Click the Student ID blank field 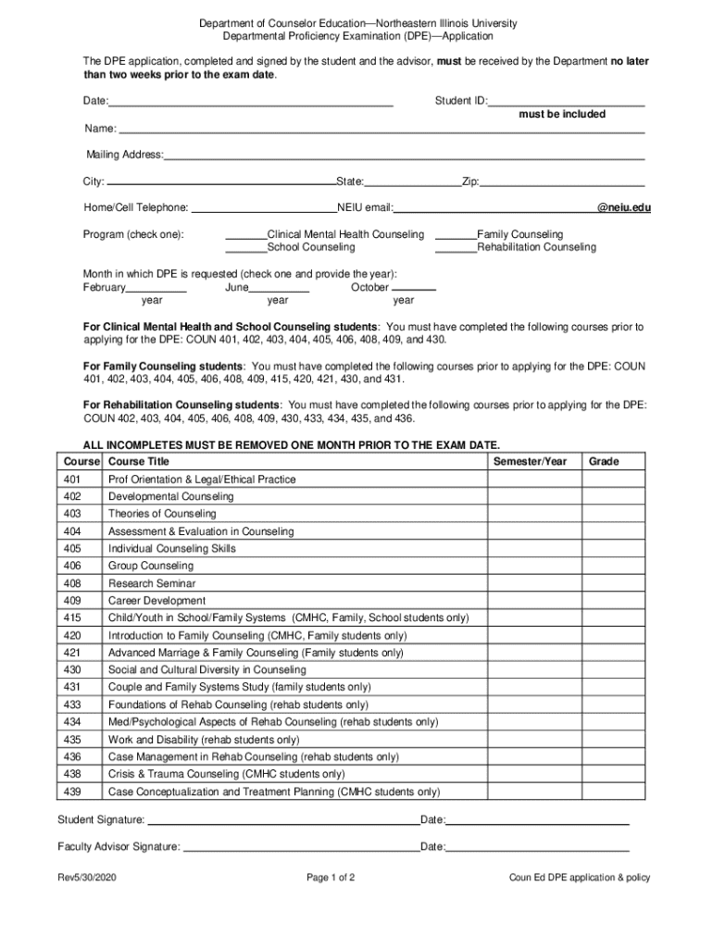tap(566, 101)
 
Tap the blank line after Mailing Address tap(404, 156)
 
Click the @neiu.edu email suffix tap(624, 207)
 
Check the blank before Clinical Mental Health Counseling tap(245, 235)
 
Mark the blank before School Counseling tap(245, 248)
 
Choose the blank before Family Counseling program tap(455, 235)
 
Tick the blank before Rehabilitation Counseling tap(455, 248)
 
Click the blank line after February tap(156, 288)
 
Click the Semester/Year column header tap(530, 461)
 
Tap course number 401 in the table tap(72, 480)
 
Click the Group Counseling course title tap(151, 566)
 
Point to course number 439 tap(72, 792)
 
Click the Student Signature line tap(282, 820)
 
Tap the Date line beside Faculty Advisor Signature tap(538, 847)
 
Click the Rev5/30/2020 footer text tap(87, 878)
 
